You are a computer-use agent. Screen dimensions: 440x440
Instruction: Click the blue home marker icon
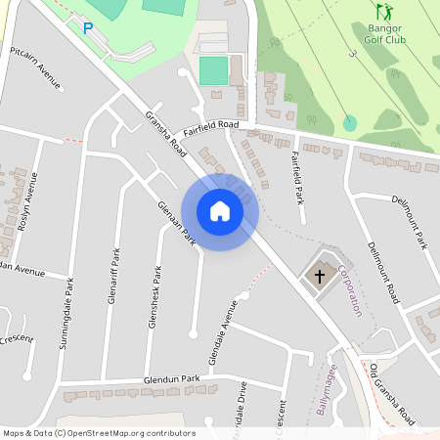click(220, 211)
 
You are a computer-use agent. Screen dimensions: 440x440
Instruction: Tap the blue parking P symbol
click(88, 29)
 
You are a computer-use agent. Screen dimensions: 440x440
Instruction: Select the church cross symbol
click(317, 276)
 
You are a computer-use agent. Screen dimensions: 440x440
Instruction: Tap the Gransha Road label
click(162, 133)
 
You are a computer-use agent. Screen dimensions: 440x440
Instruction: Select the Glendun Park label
click(171, 378)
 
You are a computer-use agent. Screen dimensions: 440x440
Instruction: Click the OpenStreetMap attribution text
click(99, 433)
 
